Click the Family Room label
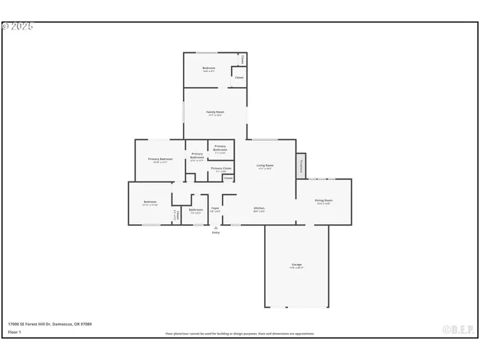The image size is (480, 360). pyautogui.click(x=215, y=112)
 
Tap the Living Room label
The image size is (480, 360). pyautogui.click(x=265, y=165)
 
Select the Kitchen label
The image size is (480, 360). pyautogui.click(x=259, y=208)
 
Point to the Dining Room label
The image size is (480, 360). pyautogui.click(x=323, y=200)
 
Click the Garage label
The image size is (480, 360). pyautogui.click(x=297, y=265)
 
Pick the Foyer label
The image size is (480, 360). pyautogui.click(x=214, y=208)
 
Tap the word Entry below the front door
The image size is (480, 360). pyautogui.click(x=216, y=233)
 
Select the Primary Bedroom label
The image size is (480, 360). pyautogui.click(x=160, y=159)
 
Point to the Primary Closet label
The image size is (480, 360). pyautogui.click(x=221, y=169)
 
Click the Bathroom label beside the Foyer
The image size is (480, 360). pyautogui.click(x=196, y=209)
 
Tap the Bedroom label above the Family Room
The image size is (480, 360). pyautogui.click(x=209, y=69)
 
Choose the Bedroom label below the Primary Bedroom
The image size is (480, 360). pyautogui.click(x=150, y=202)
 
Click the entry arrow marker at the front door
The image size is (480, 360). pyautogui.click(x=216, y=227)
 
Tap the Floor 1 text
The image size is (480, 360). pyautogui.click(x=14, y=331)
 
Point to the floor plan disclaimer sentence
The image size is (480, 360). pyautogui.click(x=240, y=334)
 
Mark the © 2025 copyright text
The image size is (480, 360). pyautogui.click(x=18, y=25)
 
